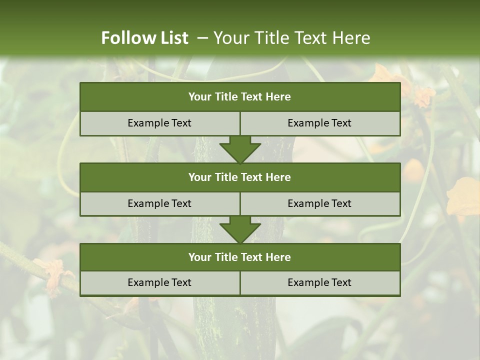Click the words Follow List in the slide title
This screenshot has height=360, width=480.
tap(144, 38)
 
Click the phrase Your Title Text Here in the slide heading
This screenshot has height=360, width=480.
tap(291, 38)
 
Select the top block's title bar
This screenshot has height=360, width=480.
tap(240, 97)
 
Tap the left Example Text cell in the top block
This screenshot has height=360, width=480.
tap(159, 123)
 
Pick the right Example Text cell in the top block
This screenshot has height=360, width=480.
tap(319, 123)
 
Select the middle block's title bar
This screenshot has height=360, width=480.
tap(240, 177)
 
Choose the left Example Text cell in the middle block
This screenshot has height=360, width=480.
tap(159, 203)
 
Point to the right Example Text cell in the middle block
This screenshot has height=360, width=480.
tap(319, 203)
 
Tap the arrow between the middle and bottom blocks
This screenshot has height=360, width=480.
tap(240, 229)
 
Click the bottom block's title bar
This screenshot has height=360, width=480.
tap(240, 257)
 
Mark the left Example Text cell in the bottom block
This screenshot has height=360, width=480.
tap(159, 282)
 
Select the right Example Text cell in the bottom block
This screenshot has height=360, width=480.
tap(319, 282)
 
